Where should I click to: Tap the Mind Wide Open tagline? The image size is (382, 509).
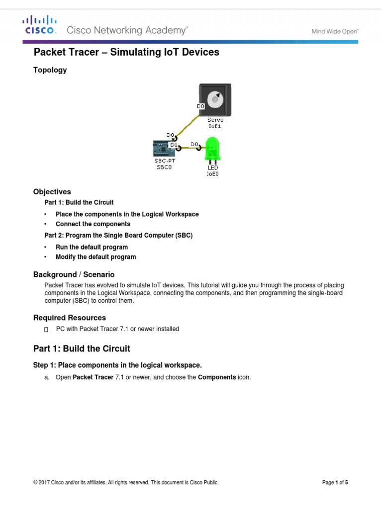[x=335, y=31]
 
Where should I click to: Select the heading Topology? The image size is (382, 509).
[x=50, y=70]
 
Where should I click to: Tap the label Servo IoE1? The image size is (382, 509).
[x=215, y=123]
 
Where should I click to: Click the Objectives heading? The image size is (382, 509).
[x=52, y=192]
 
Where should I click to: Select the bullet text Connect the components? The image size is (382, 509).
[x=93, y=224]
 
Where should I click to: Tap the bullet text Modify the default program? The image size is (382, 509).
[x=95, y=257]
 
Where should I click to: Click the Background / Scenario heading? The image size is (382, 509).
[x=74, y=274]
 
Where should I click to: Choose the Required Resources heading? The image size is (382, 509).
[x=69, y=318]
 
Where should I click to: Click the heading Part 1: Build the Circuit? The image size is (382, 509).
[x=82, y=348]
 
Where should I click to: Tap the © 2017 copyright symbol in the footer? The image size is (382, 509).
[x=35, y=482]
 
